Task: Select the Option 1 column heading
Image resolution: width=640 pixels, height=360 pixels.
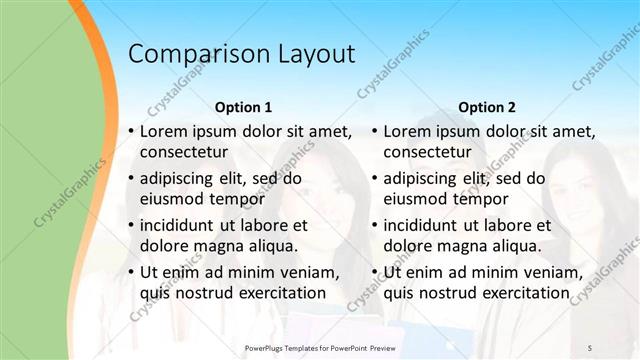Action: pos(243,106)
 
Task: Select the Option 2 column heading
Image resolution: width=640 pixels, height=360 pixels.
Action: pos(487,106)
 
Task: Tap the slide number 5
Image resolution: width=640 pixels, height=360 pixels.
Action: pos(590,348)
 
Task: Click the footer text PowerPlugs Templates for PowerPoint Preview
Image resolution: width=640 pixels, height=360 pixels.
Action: pos(329,348)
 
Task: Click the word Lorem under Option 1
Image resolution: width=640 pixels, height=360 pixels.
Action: pos(164,131)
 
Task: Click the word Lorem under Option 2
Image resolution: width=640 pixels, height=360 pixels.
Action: pos(408,131)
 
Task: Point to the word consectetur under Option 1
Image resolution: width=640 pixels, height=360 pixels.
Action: pos(184,152)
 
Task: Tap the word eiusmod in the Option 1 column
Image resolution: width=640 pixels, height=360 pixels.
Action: pos(172,198)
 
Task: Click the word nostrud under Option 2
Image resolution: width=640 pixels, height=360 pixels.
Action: pos(453,292)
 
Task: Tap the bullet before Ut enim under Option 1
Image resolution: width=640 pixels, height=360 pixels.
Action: pos(132,273)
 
